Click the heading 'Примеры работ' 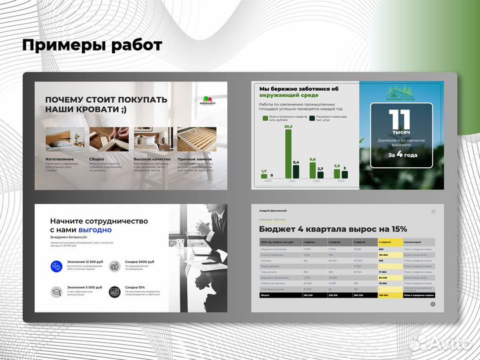pos(92,45)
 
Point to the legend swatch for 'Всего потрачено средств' pos(265,119)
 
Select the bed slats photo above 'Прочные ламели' pos(196,140)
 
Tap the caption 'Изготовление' pos(60,159)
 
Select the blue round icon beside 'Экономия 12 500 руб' pos(57,267)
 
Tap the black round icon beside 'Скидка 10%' pos(115,291)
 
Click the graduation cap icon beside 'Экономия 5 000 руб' pos(57,291)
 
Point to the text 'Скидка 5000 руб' pos(142,263)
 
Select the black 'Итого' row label pos(267,295)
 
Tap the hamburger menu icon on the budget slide pos(433,211)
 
